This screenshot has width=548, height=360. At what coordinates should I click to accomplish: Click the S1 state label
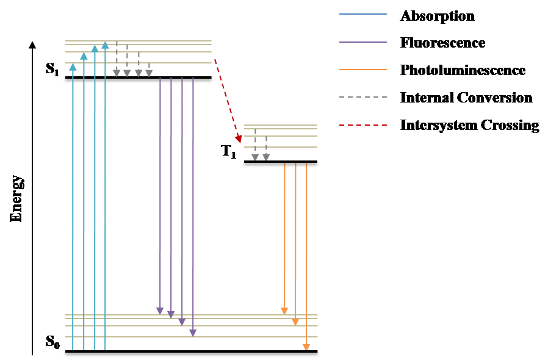coord(52,69)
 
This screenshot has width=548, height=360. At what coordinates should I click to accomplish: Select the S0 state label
coord(53,342)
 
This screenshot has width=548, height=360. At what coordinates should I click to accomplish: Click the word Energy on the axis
coord(16,199)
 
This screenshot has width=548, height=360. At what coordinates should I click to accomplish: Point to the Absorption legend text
coord(437,16)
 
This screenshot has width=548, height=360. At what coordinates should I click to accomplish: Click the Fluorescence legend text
coord(442,43)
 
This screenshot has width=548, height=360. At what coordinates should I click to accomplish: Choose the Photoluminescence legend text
coord(463,70)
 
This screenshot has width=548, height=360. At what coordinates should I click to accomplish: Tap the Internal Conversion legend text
coord(466,98)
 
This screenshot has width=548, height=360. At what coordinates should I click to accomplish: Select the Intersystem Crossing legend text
coord(469,125)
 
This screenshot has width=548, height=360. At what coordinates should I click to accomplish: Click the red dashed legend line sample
coord(362,125)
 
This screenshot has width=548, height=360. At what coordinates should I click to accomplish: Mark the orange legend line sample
coord(362,70)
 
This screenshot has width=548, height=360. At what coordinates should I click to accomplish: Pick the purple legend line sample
coord(362,42)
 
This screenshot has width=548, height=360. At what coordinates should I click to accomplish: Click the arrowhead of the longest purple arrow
coord(193,333)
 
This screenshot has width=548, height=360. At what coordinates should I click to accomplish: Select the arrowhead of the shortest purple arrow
coord(160,311)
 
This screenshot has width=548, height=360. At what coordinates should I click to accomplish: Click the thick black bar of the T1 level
coord(281,164)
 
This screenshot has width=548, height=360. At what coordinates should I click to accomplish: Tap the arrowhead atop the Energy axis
coord(32,44)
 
